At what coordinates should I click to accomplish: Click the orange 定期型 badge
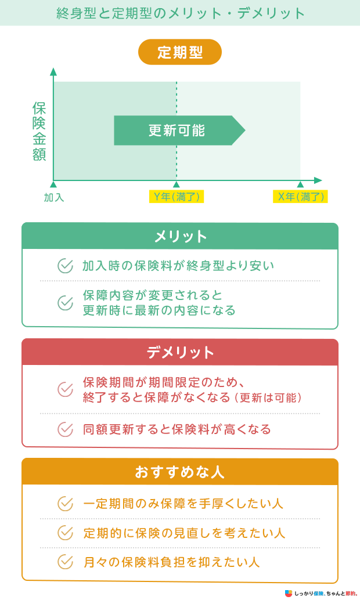pos(179,52)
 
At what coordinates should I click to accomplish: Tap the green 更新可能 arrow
pos(179,131)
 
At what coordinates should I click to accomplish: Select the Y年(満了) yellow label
pos(177,197)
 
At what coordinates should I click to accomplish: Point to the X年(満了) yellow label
pos(301,197)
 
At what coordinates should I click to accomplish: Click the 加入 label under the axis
pos(54,197)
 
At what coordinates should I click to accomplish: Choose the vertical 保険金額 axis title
pos(39,131)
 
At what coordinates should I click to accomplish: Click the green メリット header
pos(180,236)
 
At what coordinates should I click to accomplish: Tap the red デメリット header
pos(180,352)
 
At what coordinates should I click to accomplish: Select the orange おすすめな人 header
pos(180,472)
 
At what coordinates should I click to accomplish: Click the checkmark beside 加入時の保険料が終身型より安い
pos(65,266)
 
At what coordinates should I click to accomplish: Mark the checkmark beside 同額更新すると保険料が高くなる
pos(65,429)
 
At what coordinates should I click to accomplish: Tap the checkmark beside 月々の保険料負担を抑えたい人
pos(65,562)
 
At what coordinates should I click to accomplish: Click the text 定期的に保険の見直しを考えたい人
pos(184,533)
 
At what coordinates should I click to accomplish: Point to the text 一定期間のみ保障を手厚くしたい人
pos(183,504)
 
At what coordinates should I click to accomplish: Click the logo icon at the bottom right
pos(289,593)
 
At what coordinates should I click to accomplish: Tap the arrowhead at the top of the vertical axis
pos(53,71)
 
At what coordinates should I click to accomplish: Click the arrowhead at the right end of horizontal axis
pos(318,180)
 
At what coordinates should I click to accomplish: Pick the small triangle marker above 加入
pos(53,185)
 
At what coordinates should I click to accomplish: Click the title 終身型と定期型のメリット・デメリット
pos(181,13)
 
